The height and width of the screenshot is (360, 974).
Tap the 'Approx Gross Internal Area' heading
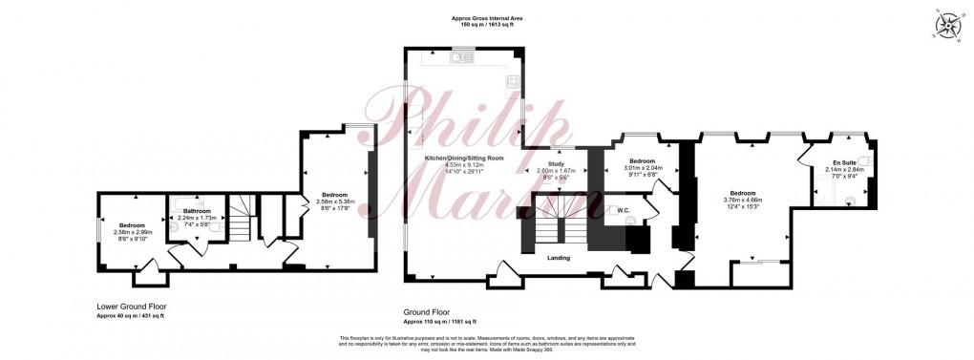(487, 16)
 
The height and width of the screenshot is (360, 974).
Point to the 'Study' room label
(556, 163)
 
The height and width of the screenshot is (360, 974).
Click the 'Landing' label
(560, 257)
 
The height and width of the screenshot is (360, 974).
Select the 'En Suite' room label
(841, 162)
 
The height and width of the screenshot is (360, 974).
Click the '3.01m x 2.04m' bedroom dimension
(642, 167)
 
